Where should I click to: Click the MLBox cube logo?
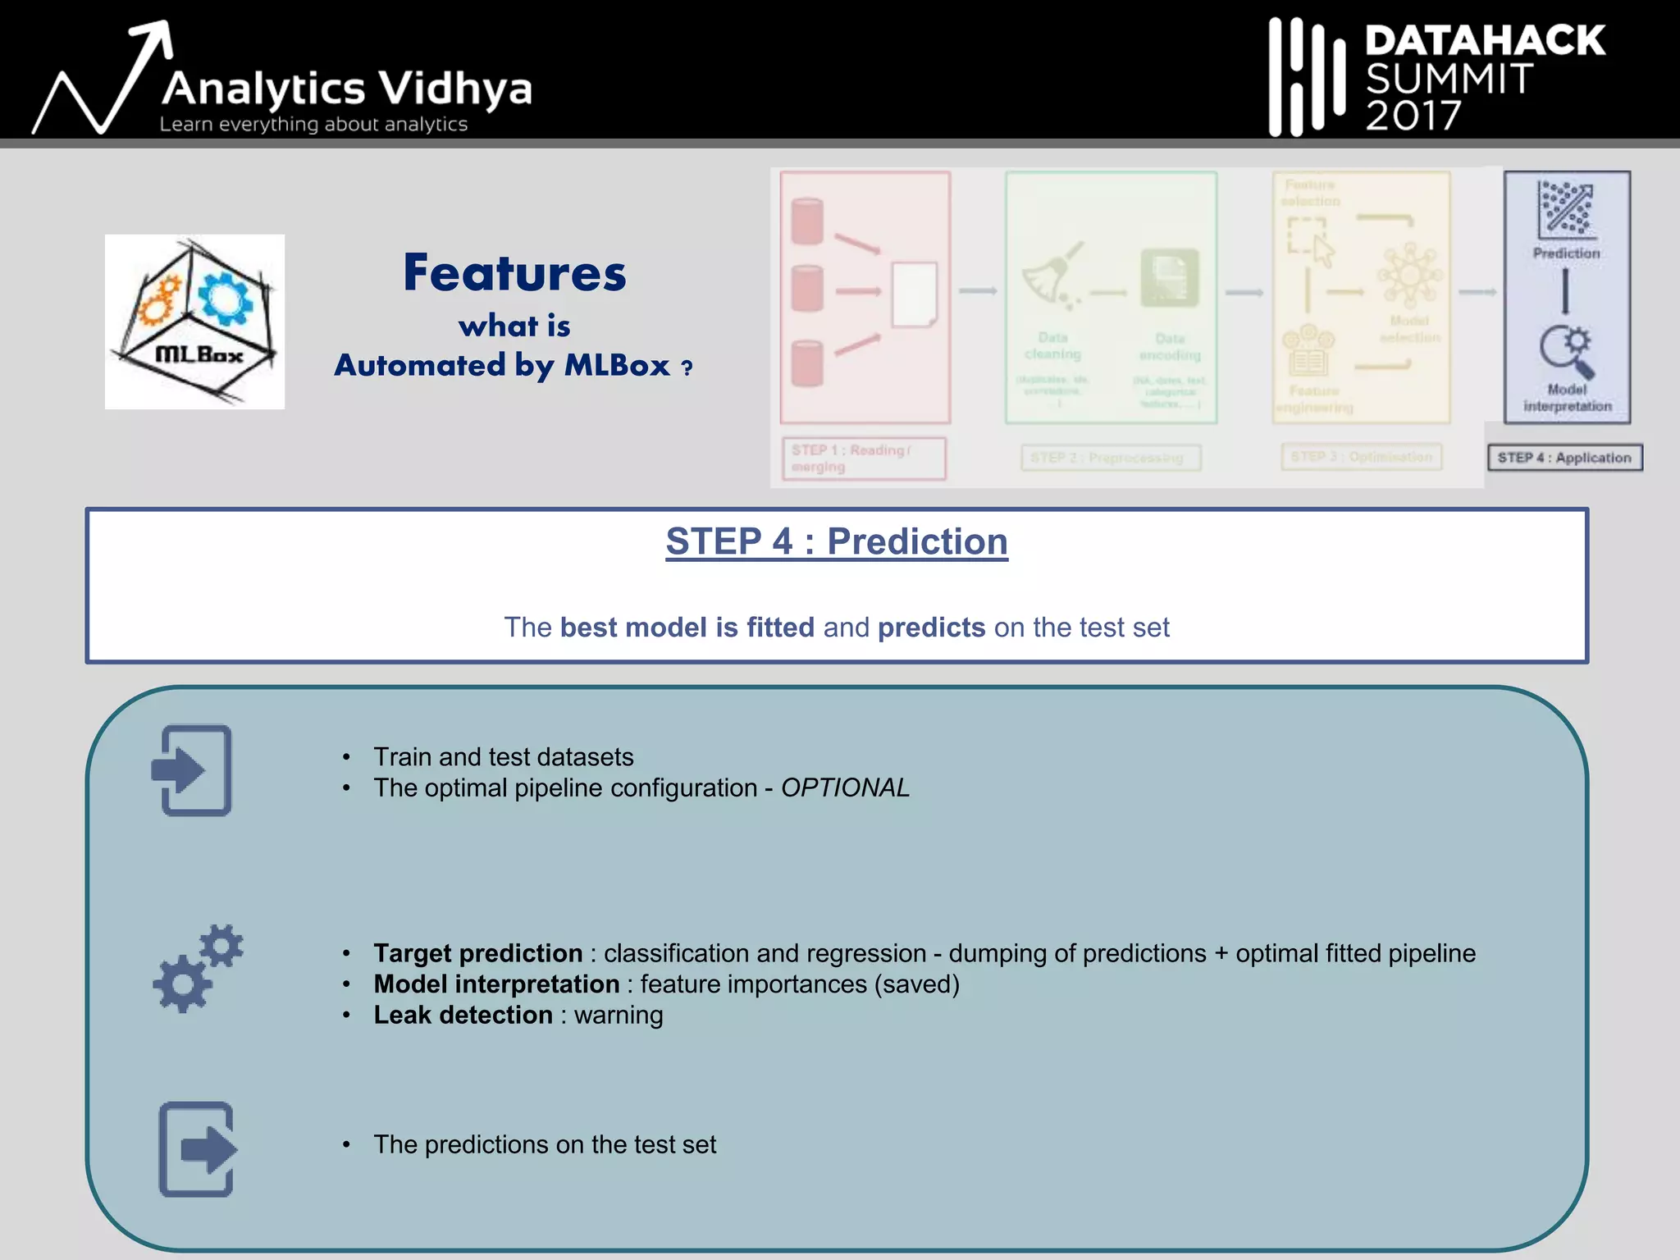195,322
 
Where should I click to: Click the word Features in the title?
514,273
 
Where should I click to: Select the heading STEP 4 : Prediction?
836,542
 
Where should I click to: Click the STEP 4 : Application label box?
1564,458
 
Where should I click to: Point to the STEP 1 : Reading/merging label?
863,459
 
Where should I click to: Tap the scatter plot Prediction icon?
1566,208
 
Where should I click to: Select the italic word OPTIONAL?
845,787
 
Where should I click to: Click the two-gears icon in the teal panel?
197,969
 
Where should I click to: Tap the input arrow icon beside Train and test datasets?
192,770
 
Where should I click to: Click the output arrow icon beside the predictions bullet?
197,1149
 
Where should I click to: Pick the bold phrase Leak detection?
463,1016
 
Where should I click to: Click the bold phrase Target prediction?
477,953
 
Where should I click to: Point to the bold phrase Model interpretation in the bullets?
496,984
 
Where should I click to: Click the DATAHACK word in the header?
1485,40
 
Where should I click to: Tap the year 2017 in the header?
1413,116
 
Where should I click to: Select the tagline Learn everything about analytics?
313,125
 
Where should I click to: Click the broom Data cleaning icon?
1052,276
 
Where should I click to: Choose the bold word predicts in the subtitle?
931,628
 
